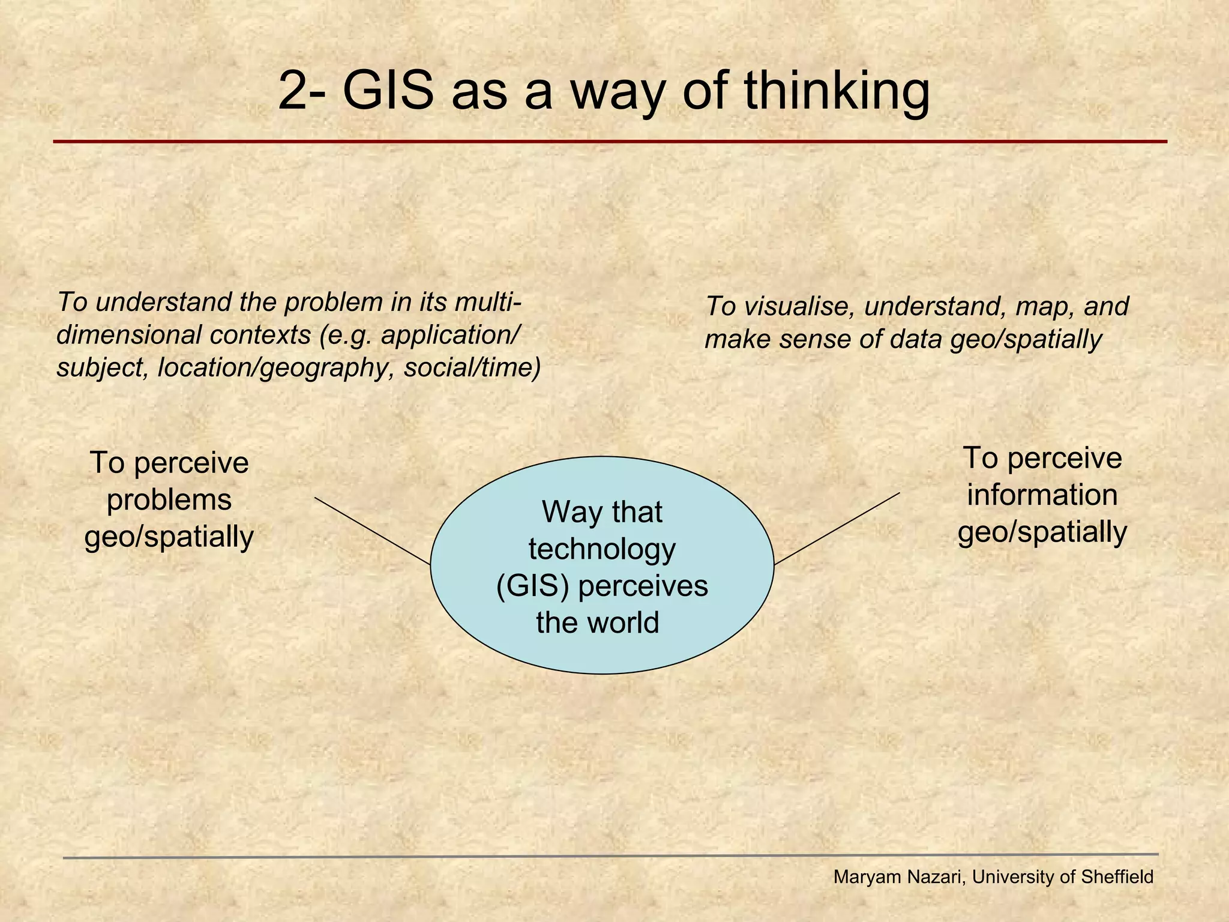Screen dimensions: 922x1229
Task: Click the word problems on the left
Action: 169,500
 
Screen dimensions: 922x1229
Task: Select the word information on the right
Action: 1042,495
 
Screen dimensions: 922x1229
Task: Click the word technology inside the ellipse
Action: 602,549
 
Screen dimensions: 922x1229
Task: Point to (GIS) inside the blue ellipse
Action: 532,586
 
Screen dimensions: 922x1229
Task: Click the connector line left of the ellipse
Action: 373,531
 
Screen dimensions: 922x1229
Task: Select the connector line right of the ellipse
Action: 837,529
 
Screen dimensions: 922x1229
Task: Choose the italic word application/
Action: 448,335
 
